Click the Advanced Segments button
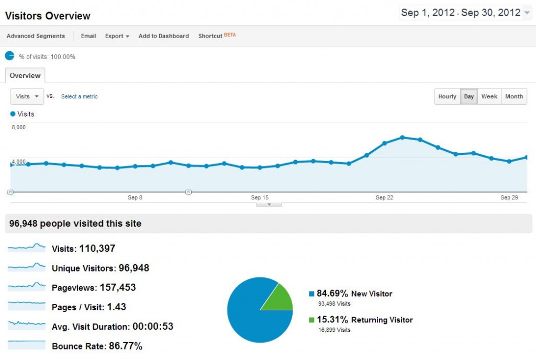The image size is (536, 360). pos(36,36)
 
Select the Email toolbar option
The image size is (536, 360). pos(88,36)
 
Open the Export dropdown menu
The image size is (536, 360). pos(117,36)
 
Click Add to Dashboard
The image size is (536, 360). pos(163,36)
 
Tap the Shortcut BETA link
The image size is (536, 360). pos(217,36)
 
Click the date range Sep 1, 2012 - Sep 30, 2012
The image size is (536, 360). pos(461,13)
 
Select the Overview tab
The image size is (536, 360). pos(25,75)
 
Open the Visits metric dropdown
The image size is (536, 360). pos(27,96)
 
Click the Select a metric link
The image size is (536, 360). pos(79,96)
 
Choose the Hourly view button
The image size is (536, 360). pos(447,96)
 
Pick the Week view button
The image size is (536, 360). pos(489,96)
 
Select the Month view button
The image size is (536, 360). pos(514,96)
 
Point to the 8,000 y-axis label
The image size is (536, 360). pos(18,127)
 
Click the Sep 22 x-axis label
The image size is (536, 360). pos(384,197)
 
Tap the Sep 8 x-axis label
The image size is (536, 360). pos(135,197)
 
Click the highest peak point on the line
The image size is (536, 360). pos(402,137)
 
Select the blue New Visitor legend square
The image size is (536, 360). pos(311,294)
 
